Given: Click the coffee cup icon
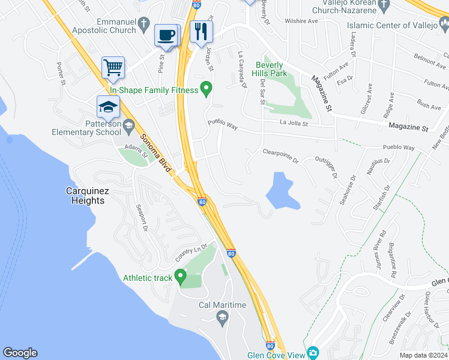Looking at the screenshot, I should tap(166, 34).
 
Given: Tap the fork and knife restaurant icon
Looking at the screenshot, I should tap(200, 31).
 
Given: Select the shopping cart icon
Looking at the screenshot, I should tap(112, 67).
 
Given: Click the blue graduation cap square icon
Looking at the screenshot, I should tap(108, 107).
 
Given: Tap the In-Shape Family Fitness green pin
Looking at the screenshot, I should tap(206, 90).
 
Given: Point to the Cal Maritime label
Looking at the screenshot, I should tap(222, 305).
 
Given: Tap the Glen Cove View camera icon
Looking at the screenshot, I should tap(312, 353).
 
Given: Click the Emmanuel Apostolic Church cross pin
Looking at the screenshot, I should tap(143, 23).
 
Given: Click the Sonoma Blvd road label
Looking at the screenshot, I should tap(154, 153).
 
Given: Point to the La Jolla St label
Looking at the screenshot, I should tap(294, 124).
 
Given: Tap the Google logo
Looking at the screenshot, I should tap(20, 353).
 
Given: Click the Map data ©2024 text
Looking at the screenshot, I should tap(423, 355).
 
